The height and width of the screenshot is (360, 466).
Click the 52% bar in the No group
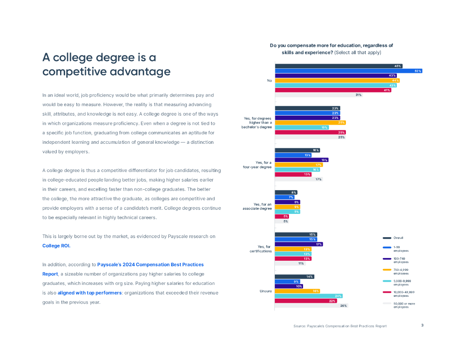coord(348,71)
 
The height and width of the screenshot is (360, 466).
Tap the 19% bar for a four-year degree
coord(301,160)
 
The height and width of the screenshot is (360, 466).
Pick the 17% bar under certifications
coord(299,244)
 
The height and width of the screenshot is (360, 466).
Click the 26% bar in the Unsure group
coord(311,305)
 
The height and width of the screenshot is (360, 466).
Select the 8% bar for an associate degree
coord(286,193)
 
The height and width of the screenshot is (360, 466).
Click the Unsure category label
coord(266,291)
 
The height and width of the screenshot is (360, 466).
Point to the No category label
coord(269,81)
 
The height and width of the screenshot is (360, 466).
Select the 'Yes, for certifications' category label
coord(261,249)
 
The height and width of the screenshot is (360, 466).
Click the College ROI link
coord(56,246)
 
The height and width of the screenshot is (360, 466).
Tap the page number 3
coord(422,325)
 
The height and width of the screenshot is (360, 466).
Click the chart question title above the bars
coord(331,49)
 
